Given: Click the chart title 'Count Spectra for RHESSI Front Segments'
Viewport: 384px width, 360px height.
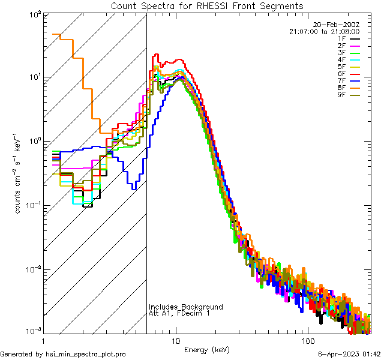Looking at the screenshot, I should tap(207, 6).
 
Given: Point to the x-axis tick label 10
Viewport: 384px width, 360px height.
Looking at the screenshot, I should tap(176, 340).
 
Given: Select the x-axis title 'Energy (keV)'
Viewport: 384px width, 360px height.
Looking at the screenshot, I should tap(206, 349).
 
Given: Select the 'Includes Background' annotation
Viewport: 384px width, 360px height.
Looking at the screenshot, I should tap(185, 307).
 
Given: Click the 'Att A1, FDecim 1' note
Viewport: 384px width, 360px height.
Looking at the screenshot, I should tap(179, 313).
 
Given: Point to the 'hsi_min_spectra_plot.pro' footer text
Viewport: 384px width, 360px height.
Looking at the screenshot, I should tap(86, 354).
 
